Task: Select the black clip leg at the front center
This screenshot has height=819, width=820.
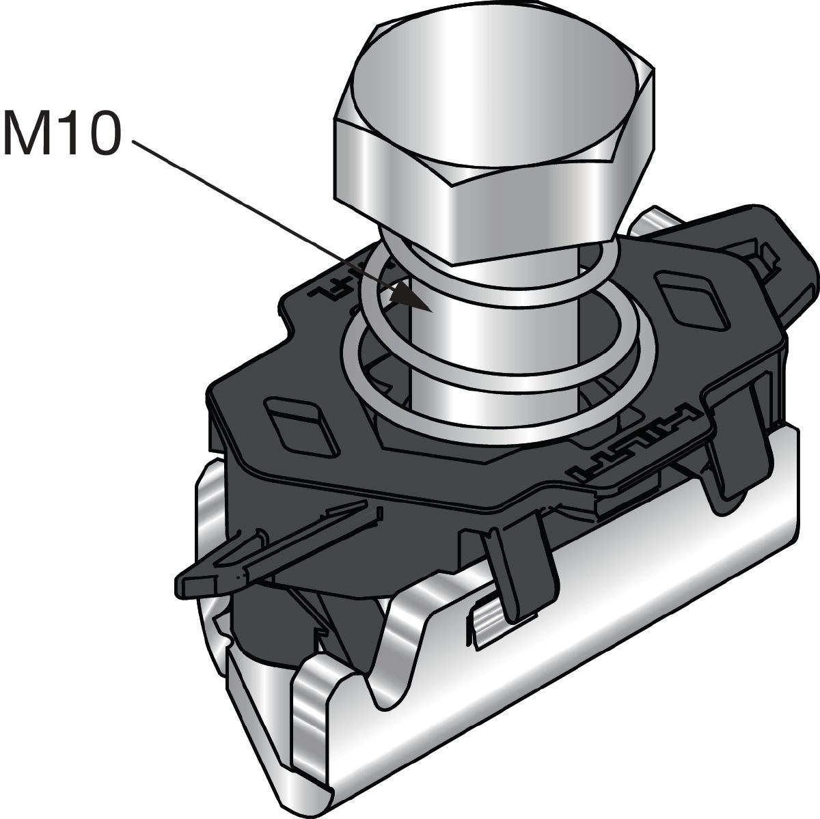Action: (519, 567)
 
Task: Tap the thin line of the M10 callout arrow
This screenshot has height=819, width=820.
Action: (260, 212)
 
